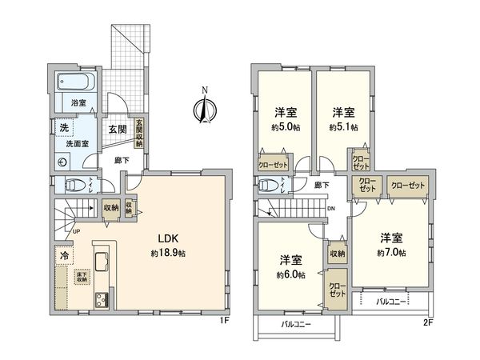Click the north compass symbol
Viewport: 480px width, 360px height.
[x=206, y=107]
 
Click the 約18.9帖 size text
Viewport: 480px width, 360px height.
[x=166, y=253]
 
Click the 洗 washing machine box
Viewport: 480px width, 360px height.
[x=62, y=128]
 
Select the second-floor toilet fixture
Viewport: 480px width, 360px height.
[x=270, y=185]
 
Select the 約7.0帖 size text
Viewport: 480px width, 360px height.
[x=390, y=253]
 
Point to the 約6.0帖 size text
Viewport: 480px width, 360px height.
[x=290, y=275]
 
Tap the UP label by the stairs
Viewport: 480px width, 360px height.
[x=76, y=232]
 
